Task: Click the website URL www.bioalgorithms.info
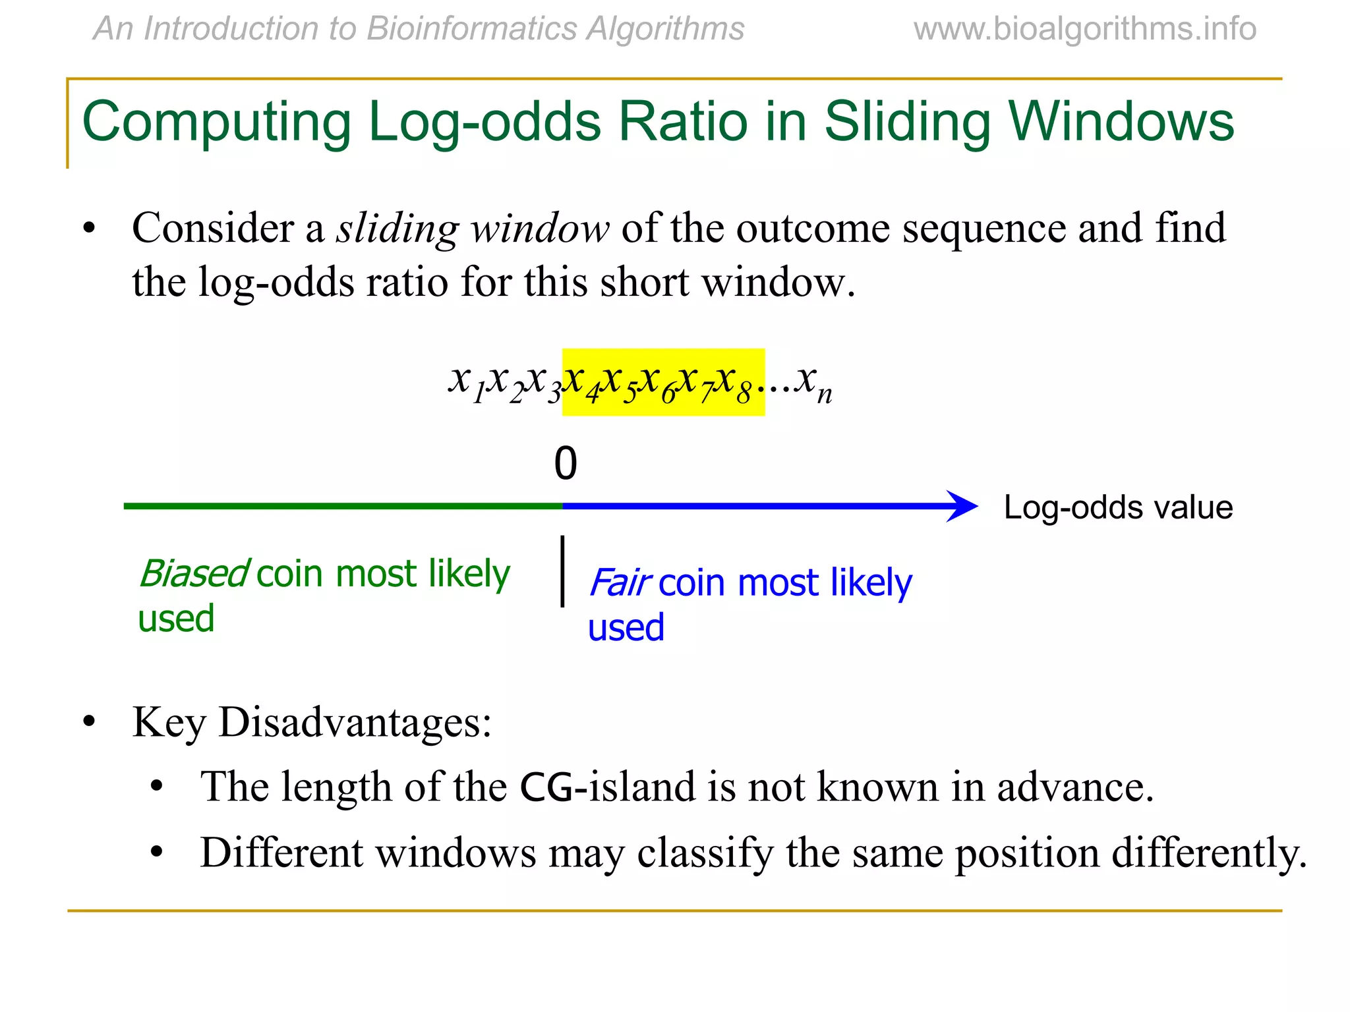pyautogui.click(x=1084, y=30)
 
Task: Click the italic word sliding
pyautogui.click(x=397, y=229)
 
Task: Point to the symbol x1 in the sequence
pyautogui.click(x=466, y=382)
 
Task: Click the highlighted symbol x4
pyautogui.click(x=582, y=382)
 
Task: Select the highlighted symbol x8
pyautogui.click(x=734, y=382)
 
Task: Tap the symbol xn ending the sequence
pyautogui.click(x=813, y=382)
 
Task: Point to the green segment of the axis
pyautogui.click(x=343, y=506)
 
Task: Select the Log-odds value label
pyautogui.click(x=1117, y=507)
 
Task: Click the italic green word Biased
pyautogui.click(x=194, y=573)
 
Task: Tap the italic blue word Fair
pyautogui.click(x=619, y=582)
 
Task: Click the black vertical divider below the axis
pyautogui.click(x=562, y=571)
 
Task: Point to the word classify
pyautogui.click(x=705, y=853)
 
